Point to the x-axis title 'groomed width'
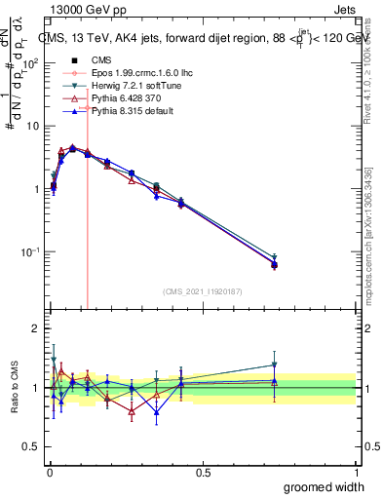(x=325, y=486)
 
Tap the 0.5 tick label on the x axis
(x=203, y=473)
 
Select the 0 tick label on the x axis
(x=50, y=473)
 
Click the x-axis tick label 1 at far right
(x=356, y=473)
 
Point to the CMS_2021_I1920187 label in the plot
(x=203, y=290)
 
